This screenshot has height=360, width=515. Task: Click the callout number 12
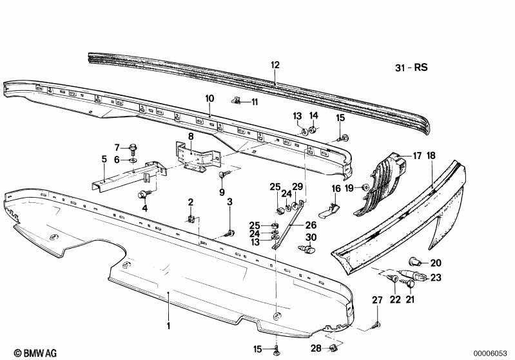[275, 65]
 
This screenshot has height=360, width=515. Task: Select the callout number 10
[209, 99]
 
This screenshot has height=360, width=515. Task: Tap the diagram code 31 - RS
[411, 67]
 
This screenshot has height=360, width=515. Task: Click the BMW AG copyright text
[35, 353]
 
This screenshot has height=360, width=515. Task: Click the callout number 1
[168, 326]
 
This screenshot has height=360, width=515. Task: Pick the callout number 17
[417, 156]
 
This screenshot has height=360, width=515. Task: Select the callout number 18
[431, 156]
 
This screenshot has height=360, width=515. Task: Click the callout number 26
[311, 225]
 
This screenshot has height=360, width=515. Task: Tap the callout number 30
[311, 237]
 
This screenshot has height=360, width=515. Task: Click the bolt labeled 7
[133, 149]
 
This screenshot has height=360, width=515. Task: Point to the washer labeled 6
[133, 160]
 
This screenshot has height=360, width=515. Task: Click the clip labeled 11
[237, 100]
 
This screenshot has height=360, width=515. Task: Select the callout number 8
[191, 136]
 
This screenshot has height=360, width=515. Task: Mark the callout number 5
[104, 159]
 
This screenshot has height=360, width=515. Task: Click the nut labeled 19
[364, 187]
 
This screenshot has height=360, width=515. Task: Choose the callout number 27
[377, 300]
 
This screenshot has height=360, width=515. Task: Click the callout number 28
[316, 348]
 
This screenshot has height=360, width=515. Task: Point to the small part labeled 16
[329, 211]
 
